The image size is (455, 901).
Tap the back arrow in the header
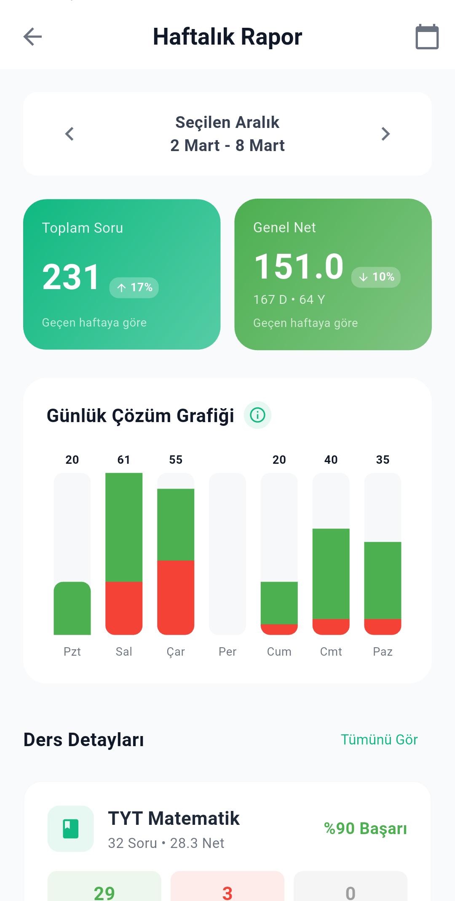[x=32, y=37]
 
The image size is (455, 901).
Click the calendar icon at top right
[x=427, y=37]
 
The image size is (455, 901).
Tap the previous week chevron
[x=70, y=134]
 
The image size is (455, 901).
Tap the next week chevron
[x=385, y=134]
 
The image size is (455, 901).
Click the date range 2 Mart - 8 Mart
[x=227, y=146]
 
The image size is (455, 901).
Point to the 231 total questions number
[x=71, y=277]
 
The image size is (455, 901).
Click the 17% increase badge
[x=134, y=287]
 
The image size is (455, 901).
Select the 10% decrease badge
[x=376, y=277]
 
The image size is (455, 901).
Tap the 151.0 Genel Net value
[x=299, y=266]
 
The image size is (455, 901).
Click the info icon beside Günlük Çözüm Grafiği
[x=257, y=415]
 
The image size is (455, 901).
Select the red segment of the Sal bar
[x=124, y=607]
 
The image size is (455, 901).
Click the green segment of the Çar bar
[x=176, y=524]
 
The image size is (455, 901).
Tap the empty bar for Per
[x=227, y=553]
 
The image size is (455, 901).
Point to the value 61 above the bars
[x=124, y=460]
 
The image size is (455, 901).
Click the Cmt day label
[x=331, y=651]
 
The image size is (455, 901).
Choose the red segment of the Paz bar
[x=383, y=626]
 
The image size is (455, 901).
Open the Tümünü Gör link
[x=379, y=739]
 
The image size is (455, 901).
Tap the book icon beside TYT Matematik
[x=71, y=829]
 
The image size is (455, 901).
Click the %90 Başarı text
[x=365, y=828]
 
